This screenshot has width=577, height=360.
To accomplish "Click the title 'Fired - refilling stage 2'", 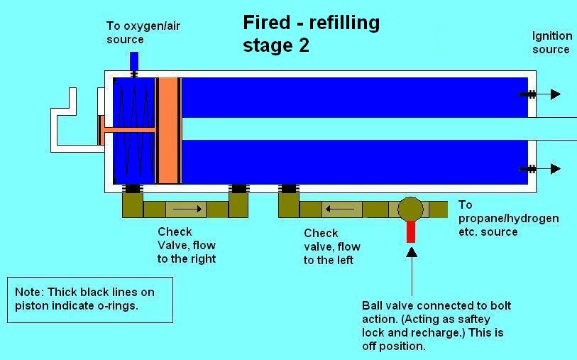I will tap(311, 33).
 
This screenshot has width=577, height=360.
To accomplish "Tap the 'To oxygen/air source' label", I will tap(135, 33).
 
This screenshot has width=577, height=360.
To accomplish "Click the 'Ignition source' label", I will tap(551, 43).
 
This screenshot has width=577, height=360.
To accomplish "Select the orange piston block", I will tap(167, 129).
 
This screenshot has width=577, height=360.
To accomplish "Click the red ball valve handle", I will tap(410, 231).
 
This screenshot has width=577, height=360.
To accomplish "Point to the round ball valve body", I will tap(410, 209).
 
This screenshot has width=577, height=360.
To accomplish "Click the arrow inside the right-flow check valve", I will tap(187, 209).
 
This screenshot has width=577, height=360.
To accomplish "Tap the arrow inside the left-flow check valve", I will tap(339, 209).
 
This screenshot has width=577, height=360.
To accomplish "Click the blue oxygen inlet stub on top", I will tap(133, 61).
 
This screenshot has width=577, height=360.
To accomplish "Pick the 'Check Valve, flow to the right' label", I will tap(187, 245).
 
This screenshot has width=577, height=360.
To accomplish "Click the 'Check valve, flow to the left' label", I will tap(331, 246).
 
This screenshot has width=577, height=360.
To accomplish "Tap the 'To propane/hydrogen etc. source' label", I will tap(508, 218).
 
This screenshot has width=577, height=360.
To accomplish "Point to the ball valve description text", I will tap(436, 326).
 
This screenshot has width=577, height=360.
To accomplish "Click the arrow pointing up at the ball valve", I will tap(410, 270).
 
